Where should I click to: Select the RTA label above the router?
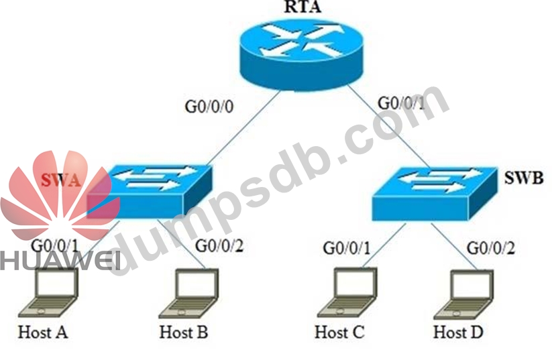293,9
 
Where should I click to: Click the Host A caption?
44,332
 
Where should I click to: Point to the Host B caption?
184,332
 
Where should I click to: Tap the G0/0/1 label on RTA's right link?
402,103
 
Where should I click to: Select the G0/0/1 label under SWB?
347,247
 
